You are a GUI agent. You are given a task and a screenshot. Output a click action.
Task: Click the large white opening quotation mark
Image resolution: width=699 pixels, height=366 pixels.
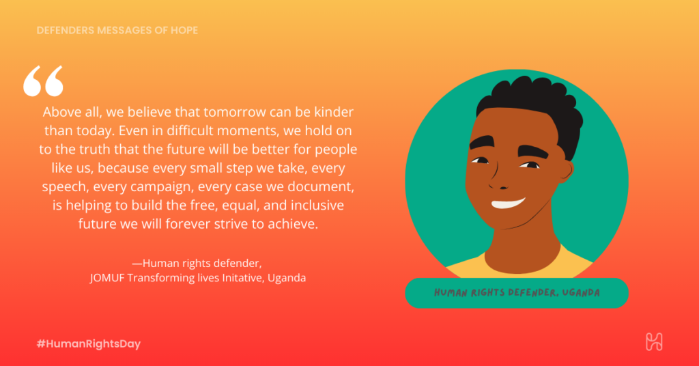(x=43, y=81)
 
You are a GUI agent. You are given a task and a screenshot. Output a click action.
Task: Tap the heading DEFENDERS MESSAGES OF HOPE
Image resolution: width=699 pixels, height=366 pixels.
(x=117, y=30)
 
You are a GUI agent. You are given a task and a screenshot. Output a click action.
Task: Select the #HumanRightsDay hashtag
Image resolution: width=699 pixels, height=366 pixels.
(x=89, y=343)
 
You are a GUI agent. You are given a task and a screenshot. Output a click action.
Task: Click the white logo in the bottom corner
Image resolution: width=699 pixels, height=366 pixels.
(x=654, y=342)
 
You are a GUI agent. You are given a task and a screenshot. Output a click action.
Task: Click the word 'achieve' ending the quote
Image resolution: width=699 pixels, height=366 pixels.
(x=292, y=224)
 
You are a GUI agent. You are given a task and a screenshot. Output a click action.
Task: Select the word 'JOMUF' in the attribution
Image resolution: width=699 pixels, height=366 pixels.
(x=107, y=278)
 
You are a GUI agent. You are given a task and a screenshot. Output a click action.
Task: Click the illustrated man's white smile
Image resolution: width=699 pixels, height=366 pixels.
(x=508, y=203)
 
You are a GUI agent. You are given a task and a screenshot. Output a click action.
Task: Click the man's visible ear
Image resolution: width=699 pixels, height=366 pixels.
(x=565, y=172)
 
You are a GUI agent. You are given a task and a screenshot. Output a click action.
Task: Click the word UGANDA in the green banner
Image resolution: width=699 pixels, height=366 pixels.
(x=581, y=293)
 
